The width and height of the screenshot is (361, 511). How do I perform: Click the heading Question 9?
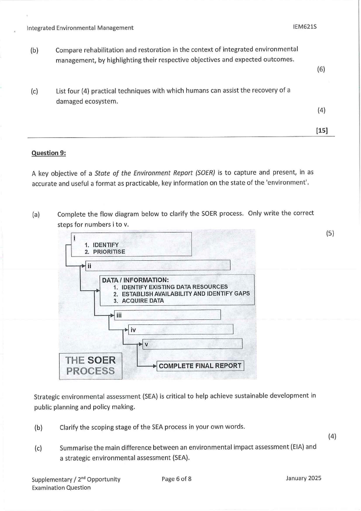(x=49, y=153)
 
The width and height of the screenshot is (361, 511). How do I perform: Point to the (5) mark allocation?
(x=330, y=233)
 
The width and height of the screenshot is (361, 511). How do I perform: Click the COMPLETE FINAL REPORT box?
(x=200, y=365)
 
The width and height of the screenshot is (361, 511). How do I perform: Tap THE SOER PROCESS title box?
(x=90, y=365)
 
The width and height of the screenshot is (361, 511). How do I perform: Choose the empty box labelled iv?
(x=180, y=329)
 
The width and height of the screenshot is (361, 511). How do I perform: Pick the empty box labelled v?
(x=192, y=344)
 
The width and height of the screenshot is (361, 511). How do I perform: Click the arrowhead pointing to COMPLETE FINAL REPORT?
(x=154, y=366)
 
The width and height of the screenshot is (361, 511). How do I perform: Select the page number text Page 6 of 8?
(x=176, y=478)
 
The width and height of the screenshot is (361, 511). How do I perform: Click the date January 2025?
(x=303, y=478)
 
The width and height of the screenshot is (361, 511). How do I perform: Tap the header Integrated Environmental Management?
(x=80, y=28)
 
